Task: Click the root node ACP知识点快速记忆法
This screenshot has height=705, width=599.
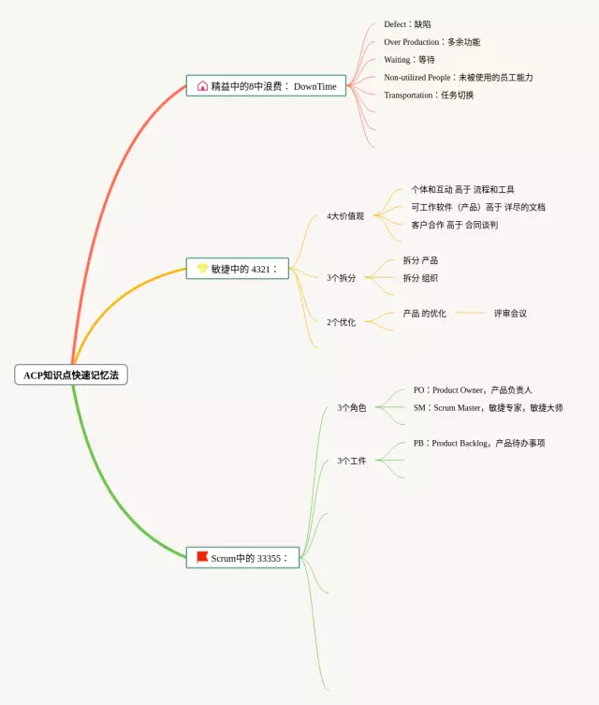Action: coord(71,375)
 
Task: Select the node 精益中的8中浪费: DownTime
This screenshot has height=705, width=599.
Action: coord(266,86)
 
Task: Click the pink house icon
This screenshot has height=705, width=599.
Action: coord(202,86)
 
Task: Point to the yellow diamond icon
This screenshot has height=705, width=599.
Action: coord(202,269)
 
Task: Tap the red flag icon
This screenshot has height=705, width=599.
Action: coord(202,557)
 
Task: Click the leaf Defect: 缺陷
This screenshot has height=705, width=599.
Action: coord(407,24)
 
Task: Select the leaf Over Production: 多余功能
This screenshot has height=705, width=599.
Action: coord(431,42)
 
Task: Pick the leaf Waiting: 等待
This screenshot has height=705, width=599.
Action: coord(409,60)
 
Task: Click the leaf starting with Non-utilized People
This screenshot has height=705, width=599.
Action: coord(458,78)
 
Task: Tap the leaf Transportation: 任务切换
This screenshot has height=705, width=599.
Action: coord(429,95)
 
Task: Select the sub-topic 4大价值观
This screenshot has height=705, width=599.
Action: coord(345,216)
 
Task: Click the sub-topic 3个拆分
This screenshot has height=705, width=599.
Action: coord(341,278)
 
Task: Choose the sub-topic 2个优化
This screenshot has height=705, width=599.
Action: coord(341,322)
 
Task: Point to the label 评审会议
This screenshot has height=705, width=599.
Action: coord(510,314)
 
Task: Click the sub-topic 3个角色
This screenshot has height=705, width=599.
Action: coord(352,408)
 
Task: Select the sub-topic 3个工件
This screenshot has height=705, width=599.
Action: coord(352,461)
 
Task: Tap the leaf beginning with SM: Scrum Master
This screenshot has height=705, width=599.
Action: coord(488,408)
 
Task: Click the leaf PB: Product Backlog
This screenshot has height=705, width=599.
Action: coord(478,443)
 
